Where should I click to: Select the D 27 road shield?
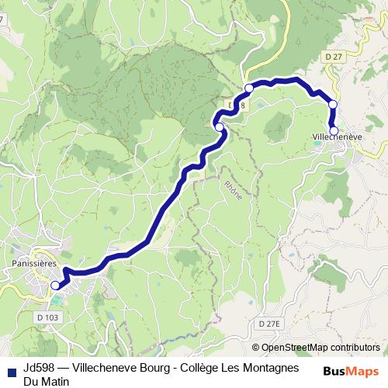[x=334, y=56]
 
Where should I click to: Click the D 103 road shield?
[x=47, y=317]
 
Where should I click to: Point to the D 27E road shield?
[x=269, y=323]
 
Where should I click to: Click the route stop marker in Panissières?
[x=55, y=286]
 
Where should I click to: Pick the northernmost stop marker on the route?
[x=249, y=88]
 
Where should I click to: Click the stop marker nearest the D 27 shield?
[x=333, y=104]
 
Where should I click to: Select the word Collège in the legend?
[x=211, y=367]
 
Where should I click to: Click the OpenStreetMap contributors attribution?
[x=320, y=348]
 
